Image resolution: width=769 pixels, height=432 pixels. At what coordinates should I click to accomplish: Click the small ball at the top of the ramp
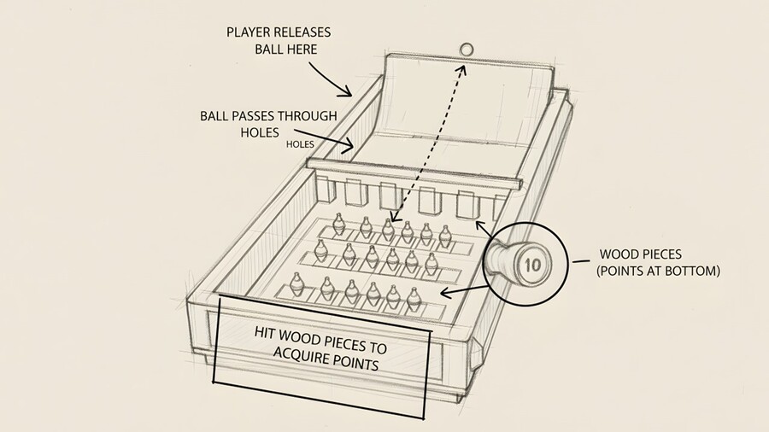tap(467, 49)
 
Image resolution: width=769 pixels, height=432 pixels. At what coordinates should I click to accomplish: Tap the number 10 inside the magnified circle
tap(531, 265)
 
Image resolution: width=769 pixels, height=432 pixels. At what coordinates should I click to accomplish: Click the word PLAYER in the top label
tap(248, 32)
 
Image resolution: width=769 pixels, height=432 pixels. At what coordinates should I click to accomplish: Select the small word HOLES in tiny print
tap(300, 144)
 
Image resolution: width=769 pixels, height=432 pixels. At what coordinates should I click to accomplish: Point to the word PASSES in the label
tap(259, 116)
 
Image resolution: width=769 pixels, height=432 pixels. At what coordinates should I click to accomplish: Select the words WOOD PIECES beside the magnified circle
tap(641, 254)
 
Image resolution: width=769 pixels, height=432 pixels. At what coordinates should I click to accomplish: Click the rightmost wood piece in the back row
tap(444, 233)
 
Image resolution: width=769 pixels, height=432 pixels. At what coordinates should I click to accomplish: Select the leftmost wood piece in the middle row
tap(321, 249)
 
